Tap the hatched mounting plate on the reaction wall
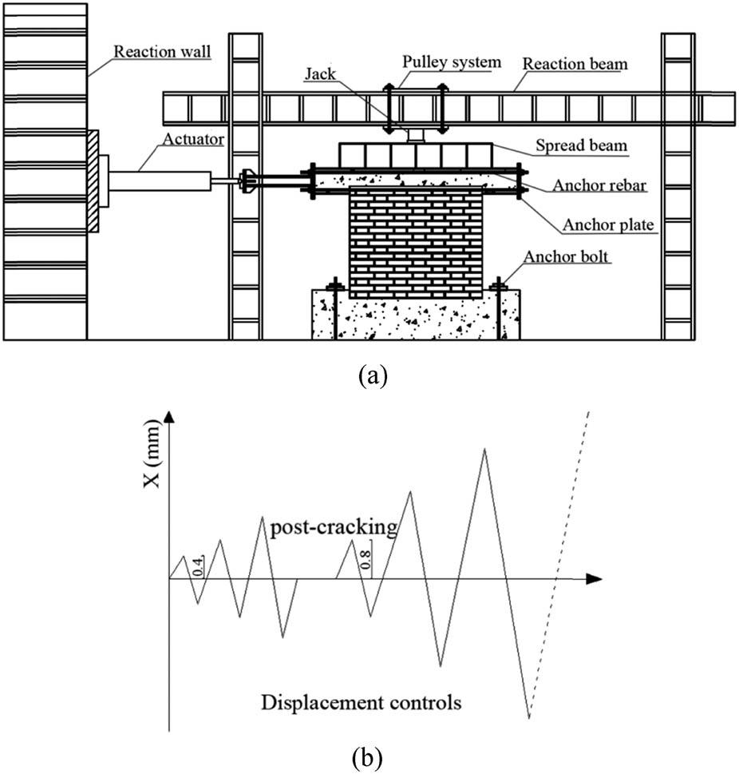point(93,181)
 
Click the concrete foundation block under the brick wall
point(415,315)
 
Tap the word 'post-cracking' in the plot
point(334,527)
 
